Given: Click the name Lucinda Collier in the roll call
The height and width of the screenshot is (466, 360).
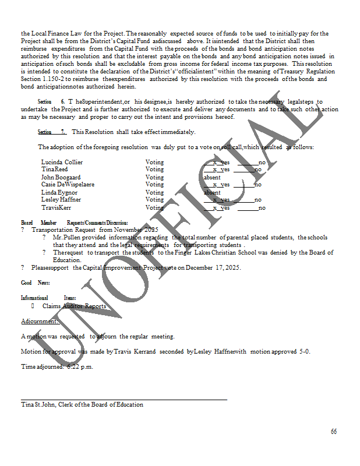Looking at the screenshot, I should pyautogui.click(x=62, y=162).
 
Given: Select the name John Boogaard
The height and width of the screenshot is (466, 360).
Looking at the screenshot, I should pyautogui.click(x=61, y=177).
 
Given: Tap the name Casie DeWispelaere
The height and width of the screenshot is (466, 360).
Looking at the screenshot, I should pyautogui.click(x=68, y=185).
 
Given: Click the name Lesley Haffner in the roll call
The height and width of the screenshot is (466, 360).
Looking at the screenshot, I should pyautogui.click(x=61, y=200).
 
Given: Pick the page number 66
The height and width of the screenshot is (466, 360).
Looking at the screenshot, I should pyautogui.click(x=334, y=432).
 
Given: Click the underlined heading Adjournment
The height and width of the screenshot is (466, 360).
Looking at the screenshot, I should pyautogui.click(x=40, y=321).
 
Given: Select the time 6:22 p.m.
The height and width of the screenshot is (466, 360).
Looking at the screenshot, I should pyautogui.click(x=80, y=367).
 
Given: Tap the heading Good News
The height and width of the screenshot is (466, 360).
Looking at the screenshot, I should pyautogui.click(x=35, y=283).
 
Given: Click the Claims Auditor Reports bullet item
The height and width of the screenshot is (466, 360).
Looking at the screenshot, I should pyautogui.click(x=74, y=306).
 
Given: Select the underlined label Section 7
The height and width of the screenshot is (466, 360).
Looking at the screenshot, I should pyautogui.click(x=52, y=132).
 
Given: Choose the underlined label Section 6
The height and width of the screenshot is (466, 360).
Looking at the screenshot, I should pyautogui.click(x=51, y=101).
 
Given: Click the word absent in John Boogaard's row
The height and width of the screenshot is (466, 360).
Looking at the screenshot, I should pyautogui.click(x=212, y=177).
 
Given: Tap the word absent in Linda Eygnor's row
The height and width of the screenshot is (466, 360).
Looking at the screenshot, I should pyautogui.click(x=212, y=192).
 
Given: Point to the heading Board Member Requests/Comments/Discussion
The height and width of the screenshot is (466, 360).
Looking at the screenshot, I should pyautogui.click(x=75, y=223).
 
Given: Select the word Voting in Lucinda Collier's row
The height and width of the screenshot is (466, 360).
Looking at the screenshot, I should pyautogui.click(x=154, y=162).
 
